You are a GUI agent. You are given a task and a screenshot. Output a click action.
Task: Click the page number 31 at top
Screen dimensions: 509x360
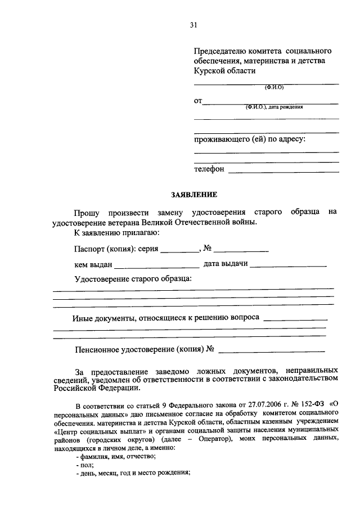coord(193,25)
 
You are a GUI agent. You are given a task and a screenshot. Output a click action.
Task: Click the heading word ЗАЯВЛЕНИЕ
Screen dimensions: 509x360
coord(193,195)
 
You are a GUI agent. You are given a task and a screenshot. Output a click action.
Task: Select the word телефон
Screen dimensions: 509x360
coord(209,168)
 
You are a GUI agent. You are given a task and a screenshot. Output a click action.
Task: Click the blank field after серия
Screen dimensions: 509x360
coord(179,249)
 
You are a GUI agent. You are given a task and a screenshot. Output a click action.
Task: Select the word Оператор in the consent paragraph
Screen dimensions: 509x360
coord(210,438)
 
